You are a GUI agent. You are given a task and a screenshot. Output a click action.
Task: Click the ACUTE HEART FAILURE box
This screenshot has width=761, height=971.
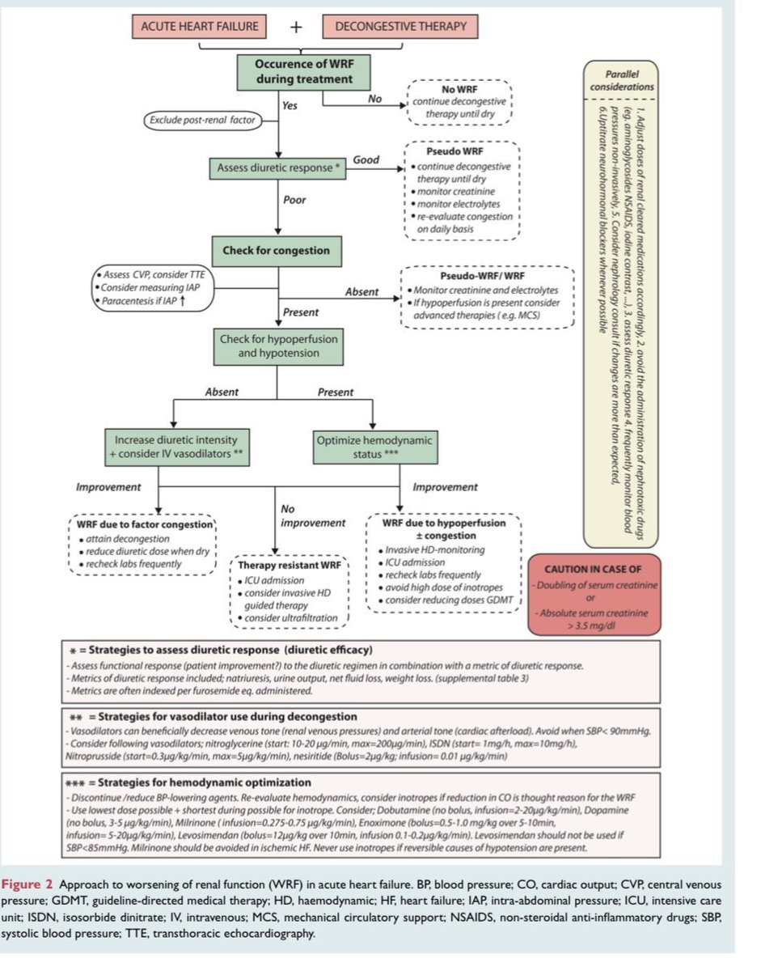click(200, 27)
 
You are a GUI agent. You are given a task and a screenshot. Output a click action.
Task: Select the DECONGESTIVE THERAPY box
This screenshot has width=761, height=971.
click(400, 27)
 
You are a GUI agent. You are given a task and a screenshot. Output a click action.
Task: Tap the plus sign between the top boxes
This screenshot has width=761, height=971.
click(296, 28)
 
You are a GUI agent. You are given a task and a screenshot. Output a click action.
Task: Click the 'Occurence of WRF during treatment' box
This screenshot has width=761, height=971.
click(304, 71)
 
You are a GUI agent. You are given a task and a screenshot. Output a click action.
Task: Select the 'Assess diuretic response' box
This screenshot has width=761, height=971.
click(277, 168)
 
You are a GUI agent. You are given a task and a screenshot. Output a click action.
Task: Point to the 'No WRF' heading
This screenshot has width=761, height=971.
click(459, 89)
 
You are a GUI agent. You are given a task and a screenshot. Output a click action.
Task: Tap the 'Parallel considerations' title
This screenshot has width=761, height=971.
click(622, 79)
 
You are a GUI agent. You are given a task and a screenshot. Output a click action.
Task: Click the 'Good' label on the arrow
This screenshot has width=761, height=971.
click(366, 160)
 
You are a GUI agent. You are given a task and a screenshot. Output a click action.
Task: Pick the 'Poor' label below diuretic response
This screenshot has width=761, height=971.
click(294, 200)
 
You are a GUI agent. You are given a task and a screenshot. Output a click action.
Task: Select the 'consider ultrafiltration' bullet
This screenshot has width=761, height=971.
click(293, 620)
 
